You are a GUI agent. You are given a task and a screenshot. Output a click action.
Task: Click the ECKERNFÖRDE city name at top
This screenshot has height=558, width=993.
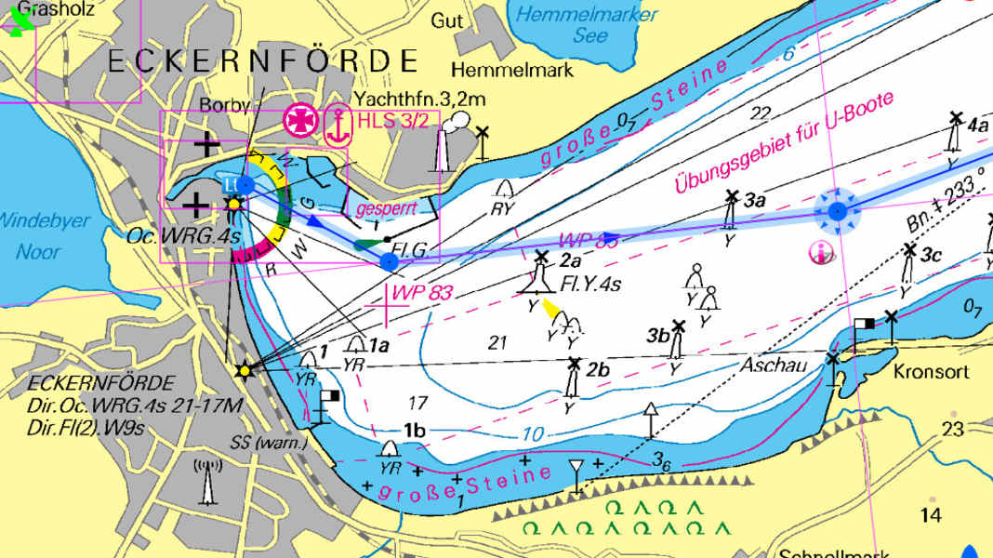tap(263, 61)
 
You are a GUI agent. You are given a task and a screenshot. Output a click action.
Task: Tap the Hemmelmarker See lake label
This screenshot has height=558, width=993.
tap(587, 25)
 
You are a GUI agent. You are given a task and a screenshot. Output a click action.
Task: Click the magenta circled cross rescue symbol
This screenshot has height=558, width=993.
tap(299, 121)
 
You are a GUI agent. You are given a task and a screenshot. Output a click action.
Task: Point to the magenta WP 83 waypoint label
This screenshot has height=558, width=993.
tap(422, 293)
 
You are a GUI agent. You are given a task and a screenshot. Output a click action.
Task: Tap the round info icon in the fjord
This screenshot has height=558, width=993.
tap(820, 251)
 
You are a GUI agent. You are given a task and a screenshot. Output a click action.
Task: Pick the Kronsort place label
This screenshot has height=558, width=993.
tap(931, 372)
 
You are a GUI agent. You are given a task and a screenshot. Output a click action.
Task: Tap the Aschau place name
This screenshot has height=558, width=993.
tap(774, 365)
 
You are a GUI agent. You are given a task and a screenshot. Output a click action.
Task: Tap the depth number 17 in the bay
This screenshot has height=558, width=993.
tap(417, 403)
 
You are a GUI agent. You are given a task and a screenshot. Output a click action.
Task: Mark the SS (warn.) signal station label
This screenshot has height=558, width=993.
tap(270, 443)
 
